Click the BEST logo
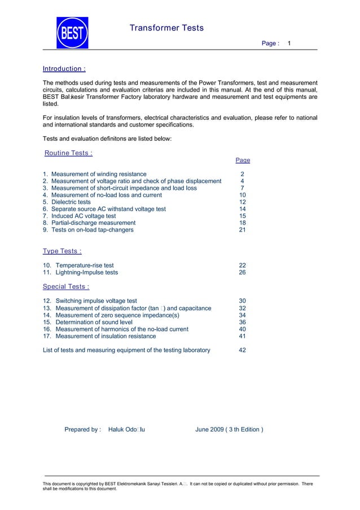[x=72, y=33]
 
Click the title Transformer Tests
[x=166, y=28]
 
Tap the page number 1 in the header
[x=289, y=43]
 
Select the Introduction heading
[x=64, y=69]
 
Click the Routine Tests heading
[x=69, y=152]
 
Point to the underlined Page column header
[x=243, y=160]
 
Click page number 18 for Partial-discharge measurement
[x=243, y=223]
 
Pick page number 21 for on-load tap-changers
[x=243, y=230]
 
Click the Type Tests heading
[x=62, y=251]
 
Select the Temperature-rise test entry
[x=85, y=265]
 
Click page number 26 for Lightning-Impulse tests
[x=243, y=272]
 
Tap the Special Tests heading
[x=66, y=286]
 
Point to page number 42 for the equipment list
[x=243, y=350]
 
